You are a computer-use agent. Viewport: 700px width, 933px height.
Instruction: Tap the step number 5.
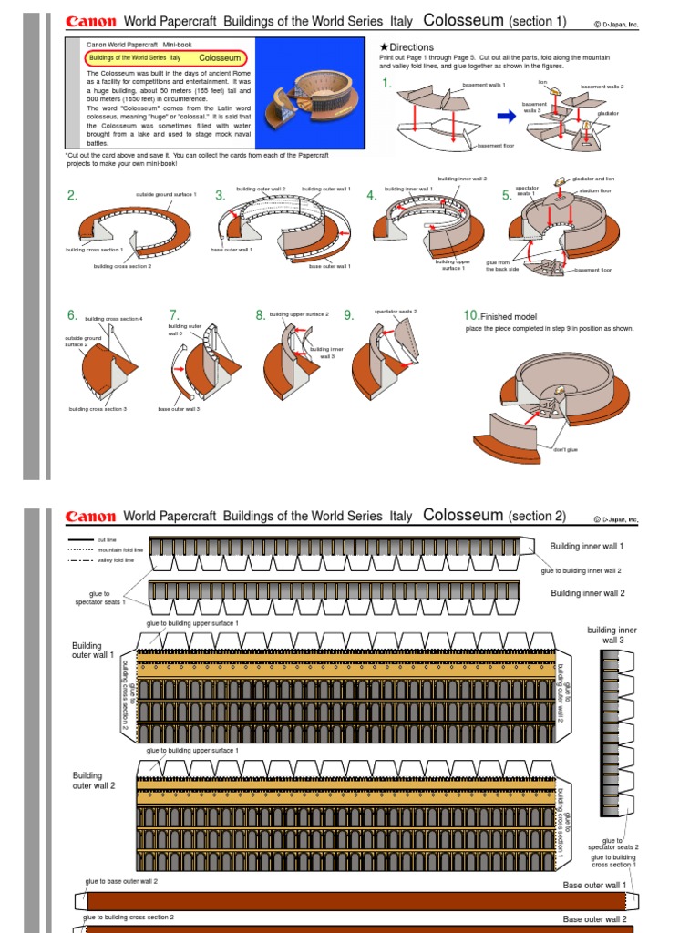pyautogui.click(x=507, y=195)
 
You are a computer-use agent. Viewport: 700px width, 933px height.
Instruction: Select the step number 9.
pyautogui.click(x=348, y=315)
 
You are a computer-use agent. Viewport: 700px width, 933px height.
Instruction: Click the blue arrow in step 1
pyautogui.click(x=506, y=116)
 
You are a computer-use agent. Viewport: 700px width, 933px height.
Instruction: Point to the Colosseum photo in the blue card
pyautogui.click(x=303, y=95)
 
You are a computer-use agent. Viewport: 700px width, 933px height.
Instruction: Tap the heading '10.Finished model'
pyautogui.click(x=500, y=316)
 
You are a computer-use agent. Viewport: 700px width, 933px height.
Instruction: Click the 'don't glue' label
pyautogui.click(x=565, y=449)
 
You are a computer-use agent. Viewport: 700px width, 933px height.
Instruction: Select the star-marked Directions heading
pyautogui.click(x=407, y=47)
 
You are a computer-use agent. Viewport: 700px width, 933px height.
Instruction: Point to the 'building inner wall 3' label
pyautogui.click(x=612, y=635)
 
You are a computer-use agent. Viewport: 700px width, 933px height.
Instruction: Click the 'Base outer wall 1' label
pyautogui.click(x=594, y=885)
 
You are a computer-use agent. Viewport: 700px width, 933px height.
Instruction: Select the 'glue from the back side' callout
pyautogui.click(x=501, y=265)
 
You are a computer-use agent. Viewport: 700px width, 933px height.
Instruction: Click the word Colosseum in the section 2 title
pyautogui.click(x=463, y=515)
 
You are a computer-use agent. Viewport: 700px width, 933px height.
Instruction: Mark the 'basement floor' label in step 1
pyautogui.click(x=496, y=146)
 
